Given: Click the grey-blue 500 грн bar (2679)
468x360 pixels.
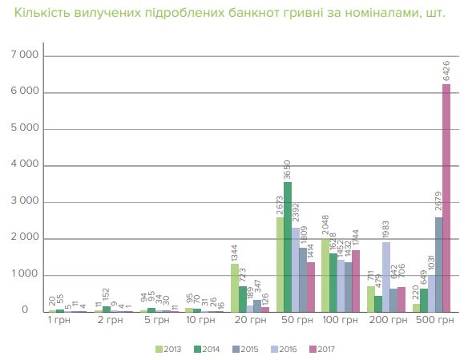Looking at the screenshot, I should [438, 264].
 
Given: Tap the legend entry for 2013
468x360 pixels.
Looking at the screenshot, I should [167, 349].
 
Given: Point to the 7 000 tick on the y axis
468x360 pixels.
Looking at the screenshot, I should [25, 55].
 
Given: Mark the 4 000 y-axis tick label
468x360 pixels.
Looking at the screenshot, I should [25, 165].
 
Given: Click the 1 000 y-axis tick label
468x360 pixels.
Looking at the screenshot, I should [25, 274].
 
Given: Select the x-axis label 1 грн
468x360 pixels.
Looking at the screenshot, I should [61, 321].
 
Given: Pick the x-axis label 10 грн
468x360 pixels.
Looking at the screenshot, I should [200, 321].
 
